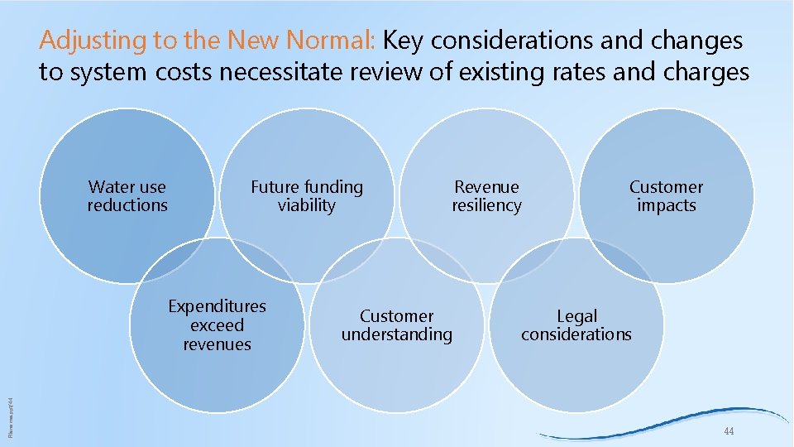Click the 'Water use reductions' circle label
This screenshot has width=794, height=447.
(127, 196)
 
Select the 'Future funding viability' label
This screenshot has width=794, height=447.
(307, 196)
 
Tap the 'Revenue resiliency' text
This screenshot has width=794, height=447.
(486, 196)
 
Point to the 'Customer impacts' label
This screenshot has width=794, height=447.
(666, 196)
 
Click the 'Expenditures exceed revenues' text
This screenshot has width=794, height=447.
(217, 325)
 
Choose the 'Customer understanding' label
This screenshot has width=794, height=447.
(397, 325)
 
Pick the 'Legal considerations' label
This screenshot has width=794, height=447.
(576, 325)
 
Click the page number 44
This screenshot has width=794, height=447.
(729, 432)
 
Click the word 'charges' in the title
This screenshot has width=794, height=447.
(706, 73)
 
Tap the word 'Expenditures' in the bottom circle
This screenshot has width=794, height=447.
(217, 307)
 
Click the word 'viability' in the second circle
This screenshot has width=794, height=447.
(307, 205)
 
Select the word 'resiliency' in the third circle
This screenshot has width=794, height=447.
(486, 205)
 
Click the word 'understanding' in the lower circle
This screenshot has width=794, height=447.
(397, 334)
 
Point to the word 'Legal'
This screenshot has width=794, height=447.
(576, 316)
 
